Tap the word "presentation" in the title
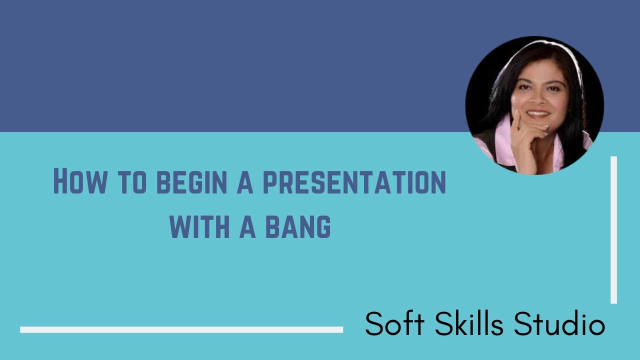pos(354,183)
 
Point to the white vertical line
pos(613,230)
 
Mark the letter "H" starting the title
pos(59,182)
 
